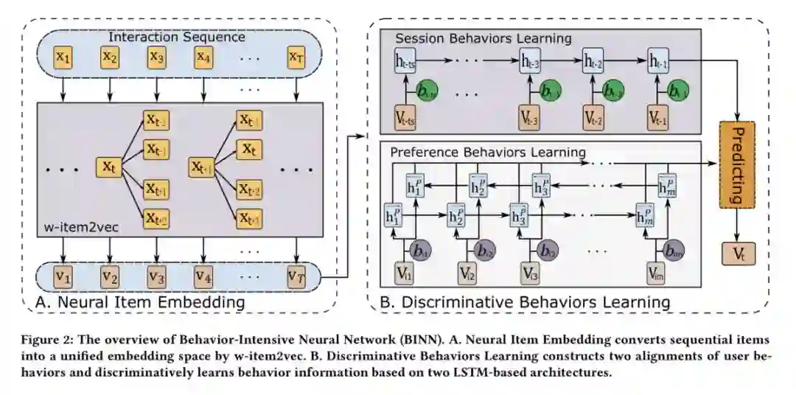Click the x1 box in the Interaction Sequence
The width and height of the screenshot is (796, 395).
pos(63,56)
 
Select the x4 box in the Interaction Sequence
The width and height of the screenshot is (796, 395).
pos(203,56)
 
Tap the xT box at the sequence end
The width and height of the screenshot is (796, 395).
pos(296,56)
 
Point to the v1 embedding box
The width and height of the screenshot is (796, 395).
pos(63,278)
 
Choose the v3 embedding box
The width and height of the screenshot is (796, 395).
pos(156,278)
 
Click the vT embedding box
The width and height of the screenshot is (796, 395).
pos(296,278)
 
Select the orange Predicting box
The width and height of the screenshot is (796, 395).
pos(739,164)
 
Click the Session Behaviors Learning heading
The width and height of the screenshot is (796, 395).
pos(483,38)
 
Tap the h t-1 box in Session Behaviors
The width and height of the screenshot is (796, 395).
pos(659,63)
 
